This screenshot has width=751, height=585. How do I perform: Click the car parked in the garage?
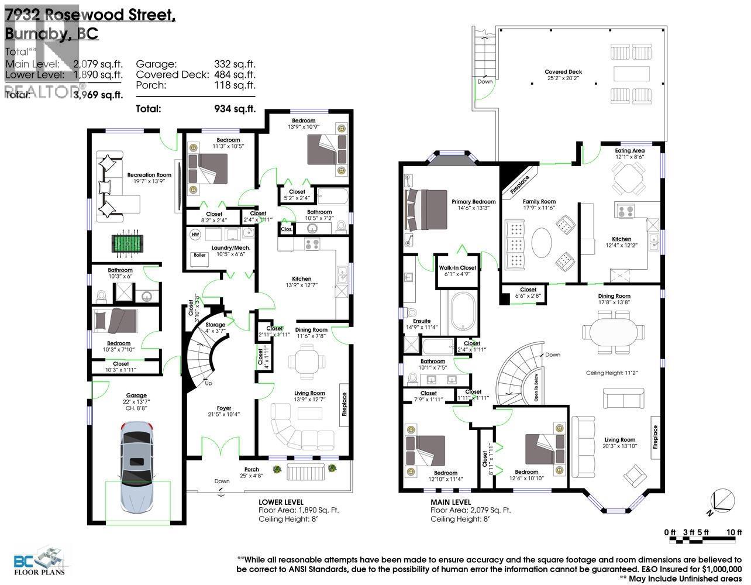[137, 472]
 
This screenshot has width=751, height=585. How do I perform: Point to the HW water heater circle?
[195, 235]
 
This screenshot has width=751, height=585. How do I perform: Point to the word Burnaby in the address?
[36, 34]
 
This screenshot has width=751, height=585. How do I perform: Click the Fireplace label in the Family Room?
[519, 184]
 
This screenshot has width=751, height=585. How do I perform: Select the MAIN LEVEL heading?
[450, 502]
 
